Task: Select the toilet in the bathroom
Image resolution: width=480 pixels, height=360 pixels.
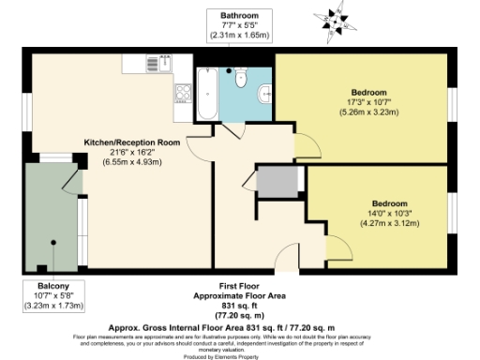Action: coord(241,82)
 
